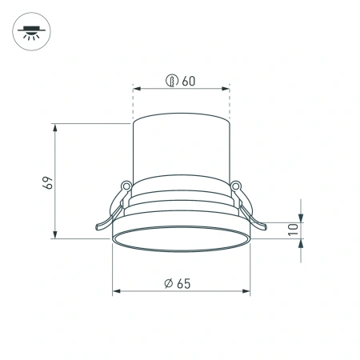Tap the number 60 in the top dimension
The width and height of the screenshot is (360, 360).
tap(189, 80)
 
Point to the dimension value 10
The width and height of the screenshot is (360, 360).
tap(293, 227)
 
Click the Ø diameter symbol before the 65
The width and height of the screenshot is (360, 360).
tap(169, 282)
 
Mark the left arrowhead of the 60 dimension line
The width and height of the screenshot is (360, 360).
tap(137, 89)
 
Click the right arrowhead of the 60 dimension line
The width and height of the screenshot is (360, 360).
tap(226, 89)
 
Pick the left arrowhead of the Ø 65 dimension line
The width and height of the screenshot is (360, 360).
tap(117, 291)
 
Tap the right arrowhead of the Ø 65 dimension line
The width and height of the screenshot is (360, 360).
tap(245, 291)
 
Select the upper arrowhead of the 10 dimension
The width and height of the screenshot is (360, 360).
tap(300, 218)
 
